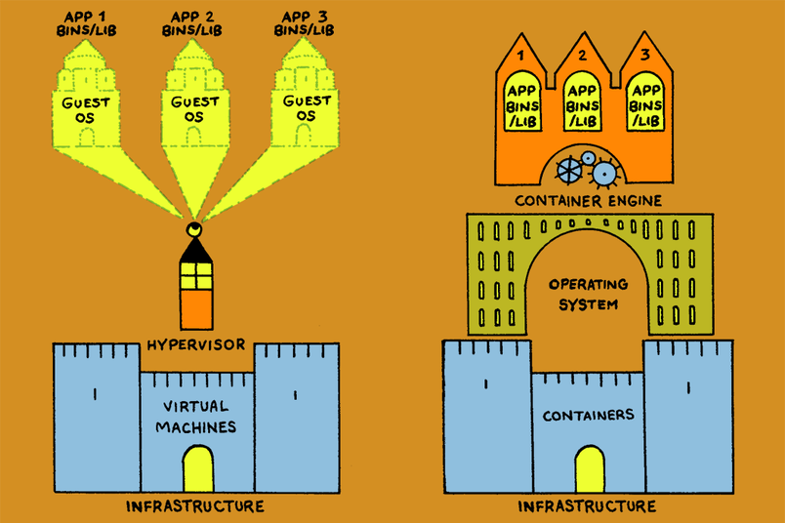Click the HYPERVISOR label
[195, 343]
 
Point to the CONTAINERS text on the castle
[587, 415]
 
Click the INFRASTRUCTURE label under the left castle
[195, 505]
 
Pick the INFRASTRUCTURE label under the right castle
[587, 505]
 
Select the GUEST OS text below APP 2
[195, 108]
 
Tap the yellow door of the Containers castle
[589, 468]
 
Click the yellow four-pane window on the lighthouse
[195, 277]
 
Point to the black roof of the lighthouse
[195, 252]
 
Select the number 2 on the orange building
[583, 56]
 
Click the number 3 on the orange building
[644, 56]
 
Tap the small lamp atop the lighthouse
[195, 231]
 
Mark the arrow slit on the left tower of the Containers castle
[486, 384]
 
